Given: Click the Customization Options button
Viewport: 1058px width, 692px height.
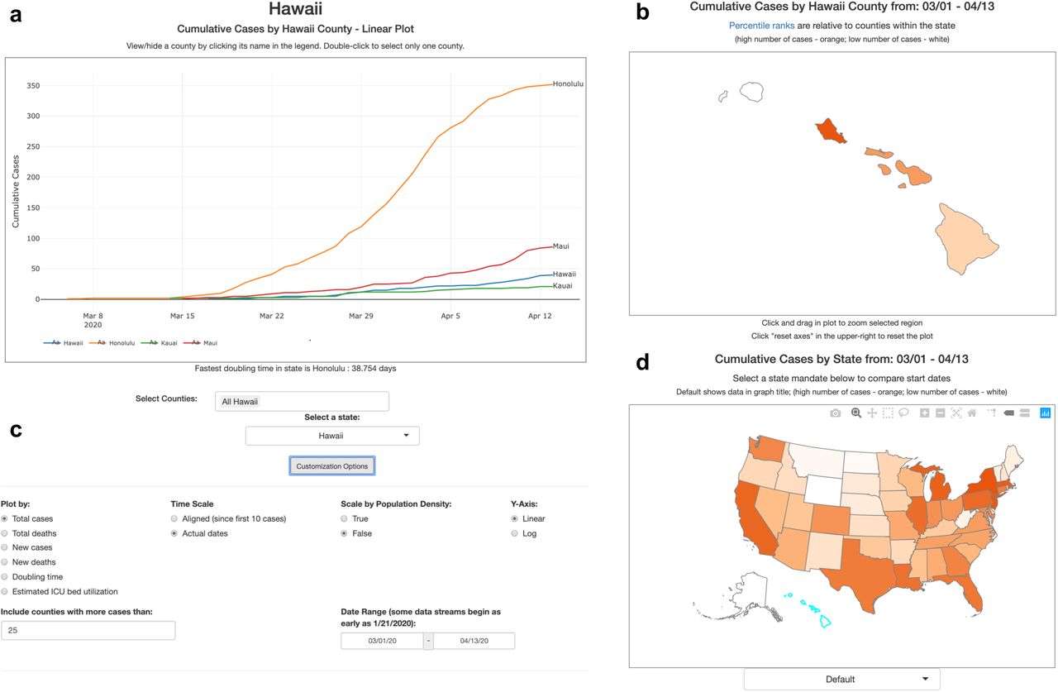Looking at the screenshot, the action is click(332, 465).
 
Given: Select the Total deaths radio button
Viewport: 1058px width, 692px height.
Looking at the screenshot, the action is click(5, 533).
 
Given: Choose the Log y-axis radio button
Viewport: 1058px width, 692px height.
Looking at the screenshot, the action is click(515, 533).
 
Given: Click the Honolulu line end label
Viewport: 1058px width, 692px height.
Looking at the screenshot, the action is click(568, 84).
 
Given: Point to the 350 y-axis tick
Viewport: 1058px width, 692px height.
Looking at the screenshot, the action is click(33, 86).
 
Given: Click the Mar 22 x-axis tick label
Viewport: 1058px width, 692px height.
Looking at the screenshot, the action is click(272, 316).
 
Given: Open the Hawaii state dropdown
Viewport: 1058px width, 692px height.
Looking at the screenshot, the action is click(332, 436).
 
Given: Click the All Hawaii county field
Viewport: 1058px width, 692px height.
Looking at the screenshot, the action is click(302, 402).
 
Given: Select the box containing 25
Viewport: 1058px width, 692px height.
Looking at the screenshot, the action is click(88, 630).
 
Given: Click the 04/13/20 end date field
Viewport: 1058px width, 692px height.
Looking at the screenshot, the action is click(474, 641).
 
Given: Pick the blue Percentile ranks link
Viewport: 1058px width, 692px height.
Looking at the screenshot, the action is click(761, 26).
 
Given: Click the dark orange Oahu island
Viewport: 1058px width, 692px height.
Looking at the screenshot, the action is click(830, 131).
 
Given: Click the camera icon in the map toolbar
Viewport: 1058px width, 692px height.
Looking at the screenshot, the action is click(835, 413).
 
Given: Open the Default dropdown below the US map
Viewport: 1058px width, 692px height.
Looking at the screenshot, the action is click(841, 680).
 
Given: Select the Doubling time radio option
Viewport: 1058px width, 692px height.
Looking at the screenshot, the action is click(5, 577).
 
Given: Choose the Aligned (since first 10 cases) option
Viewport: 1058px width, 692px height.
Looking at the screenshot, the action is click(174, 518).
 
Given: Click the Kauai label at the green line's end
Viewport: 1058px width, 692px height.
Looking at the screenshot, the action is click(563, 286).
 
